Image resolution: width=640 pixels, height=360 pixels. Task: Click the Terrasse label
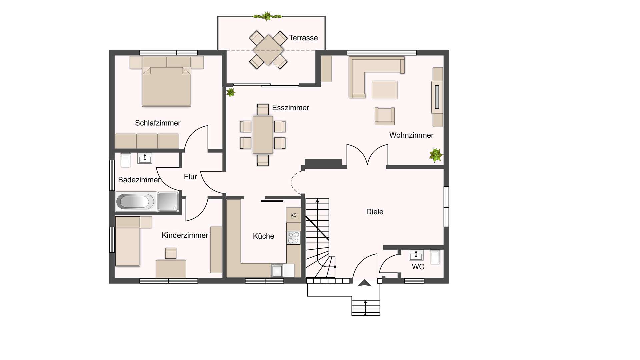pyautogui.click(x=303, y=38)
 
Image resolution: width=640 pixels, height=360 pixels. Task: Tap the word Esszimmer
pyautogui.click(x=291, y=108)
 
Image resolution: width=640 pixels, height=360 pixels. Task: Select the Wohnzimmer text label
pyautogui.click(x=411, y=135)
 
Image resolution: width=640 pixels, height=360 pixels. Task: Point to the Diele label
pyautogui.click(x=375, y=212)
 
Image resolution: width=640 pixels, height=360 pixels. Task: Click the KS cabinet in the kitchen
pyautogui.click(x=294, y=215)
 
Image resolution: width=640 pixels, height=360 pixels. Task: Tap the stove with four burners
pyautogui.click(x=294, y=238)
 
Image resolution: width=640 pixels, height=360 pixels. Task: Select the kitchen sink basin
pyautogui.click(x=277, y=271)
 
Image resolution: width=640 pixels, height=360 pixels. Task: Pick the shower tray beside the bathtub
pyautogui.click(x=168, y=201)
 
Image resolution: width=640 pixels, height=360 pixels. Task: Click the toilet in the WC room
pyautogui.click(x=435, y=257)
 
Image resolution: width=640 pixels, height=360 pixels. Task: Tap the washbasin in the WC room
pyautogui.click(x=416, y=255)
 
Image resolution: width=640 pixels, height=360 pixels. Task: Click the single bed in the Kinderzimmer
pyautogui.click(x=128, y=241)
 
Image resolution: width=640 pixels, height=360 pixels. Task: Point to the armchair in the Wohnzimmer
pyautogui.click(x=385, y=116)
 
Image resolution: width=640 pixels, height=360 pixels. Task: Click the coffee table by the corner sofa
pyautogui.click(x=385, y=90)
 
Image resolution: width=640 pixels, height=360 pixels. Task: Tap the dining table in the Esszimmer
pyautogui.click(x=263, y=135)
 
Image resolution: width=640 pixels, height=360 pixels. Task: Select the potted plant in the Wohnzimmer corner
pyautogui.click(x=436, y=155)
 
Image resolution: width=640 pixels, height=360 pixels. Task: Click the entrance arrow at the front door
pyautogui.click(x=364, y=283)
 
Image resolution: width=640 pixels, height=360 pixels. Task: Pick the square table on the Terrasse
pyautogui.click(x=269, y=50)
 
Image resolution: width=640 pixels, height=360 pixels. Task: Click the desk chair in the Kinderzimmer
pyautogui.click(x=171, y=253)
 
